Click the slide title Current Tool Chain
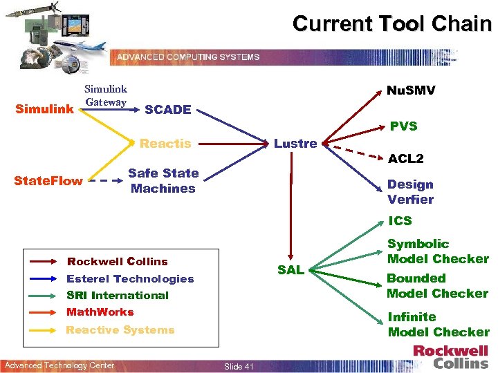(391, 23)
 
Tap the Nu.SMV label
(410, 90)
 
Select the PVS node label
(403, 126)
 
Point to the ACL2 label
(407, 159)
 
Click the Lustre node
(295, 144)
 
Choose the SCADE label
(168, 109)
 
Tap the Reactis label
(165, 144)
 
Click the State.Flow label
(48, 181)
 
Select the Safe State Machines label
(163, 180)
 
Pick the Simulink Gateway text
(105, 95)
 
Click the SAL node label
(290, 270)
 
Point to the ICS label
(400, 221)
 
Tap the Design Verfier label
(410, 192)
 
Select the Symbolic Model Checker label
(438, 251)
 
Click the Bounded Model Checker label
(437, 286)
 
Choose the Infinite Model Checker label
(438, 325)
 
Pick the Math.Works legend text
(100, 312)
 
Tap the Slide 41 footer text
(239, 366)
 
